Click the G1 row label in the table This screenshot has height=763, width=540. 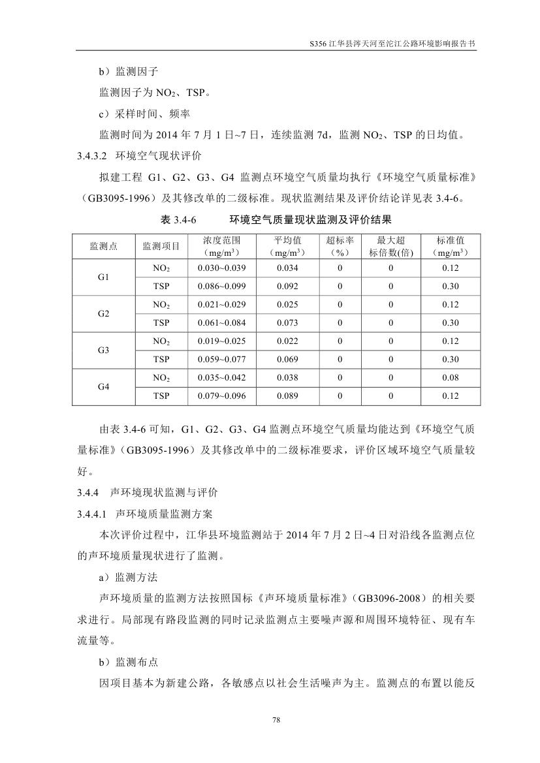click(103, 277)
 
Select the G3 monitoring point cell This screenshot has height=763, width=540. click(103, 350)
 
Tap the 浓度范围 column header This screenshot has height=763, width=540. click(221, 245)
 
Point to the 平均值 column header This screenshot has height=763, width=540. click(287, 245)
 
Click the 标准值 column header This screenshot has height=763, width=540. click(450, 245)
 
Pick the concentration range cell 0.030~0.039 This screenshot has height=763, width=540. click(221, 268)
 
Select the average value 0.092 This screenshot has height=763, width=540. click(287, 286)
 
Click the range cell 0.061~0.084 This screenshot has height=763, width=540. click(221, 322)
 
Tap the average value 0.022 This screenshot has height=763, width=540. click(287, 341)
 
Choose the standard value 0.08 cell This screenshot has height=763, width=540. click(450, 378)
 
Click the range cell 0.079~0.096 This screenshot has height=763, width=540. click(221, 396)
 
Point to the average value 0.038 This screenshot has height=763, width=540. click(287, 378)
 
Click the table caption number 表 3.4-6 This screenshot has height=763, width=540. click(178, 220)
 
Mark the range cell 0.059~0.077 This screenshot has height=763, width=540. click(221, 359)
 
